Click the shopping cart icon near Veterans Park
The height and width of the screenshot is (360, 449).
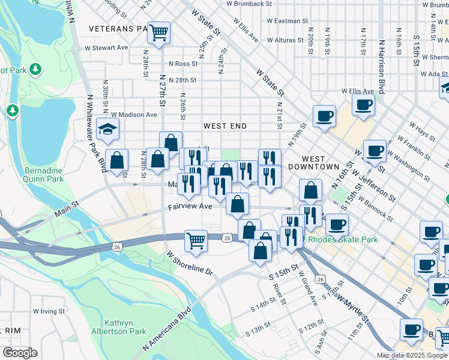tap(158, 32)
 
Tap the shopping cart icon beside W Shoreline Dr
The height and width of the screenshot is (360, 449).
tap(196, 241)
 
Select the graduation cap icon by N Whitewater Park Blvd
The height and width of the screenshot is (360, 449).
tap(108, 129)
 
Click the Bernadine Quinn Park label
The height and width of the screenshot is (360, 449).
tap(43, 174)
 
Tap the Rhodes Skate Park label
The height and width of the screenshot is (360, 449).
tap(343, 239)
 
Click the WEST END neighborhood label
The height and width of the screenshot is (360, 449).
tap(225, 126)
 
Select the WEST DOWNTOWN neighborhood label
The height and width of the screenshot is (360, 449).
tap(313, 161)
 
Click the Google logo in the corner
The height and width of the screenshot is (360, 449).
tap(20, 353)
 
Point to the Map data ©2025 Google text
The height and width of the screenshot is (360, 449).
tap(412, 355)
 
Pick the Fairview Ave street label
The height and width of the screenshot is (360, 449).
tap(190, 206)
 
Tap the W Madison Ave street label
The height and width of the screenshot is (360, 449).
tap(133, 115)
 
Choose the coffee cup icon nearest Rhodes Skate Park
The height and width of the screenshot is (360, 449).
tap(336, 224)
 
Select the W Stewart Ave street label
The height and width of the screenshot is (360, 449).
tap(106, 47)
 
